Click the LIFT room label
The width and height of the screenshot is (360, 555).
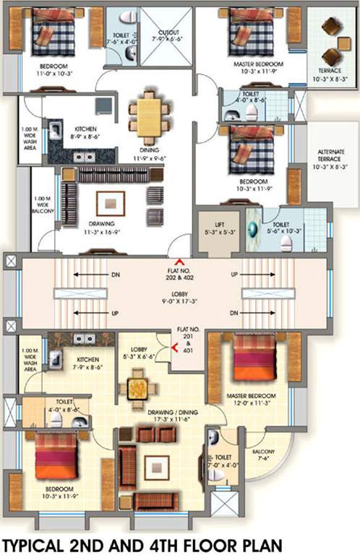click(x=214, y=225)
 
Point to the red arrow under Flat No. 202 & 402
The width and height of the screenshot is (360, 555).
click(x=179, y=262)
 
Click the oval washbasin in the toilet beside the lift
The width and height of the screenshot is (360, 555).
click(x=253, y=230)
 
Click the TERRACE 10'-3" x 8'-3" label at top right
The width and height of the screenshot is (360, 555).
click(x=331, y=74)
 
